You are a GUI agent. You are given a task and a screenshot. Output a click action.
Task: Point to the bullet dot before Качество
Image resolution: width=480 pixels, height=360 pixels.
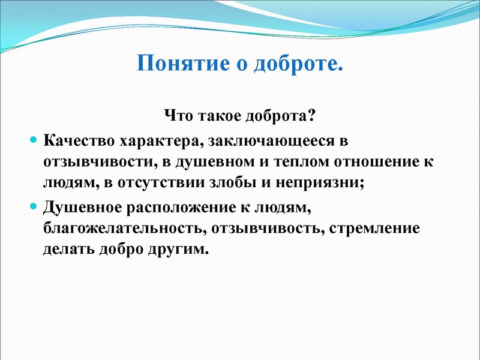point(34,140)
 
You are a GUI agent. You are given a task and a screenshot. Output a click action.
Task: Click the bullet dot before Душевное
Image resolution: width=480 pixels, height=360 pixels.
point(34,207)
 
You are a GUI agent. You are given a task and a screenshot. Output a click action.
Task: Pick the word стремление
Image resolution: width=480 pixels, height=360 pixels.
point(365,229)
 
